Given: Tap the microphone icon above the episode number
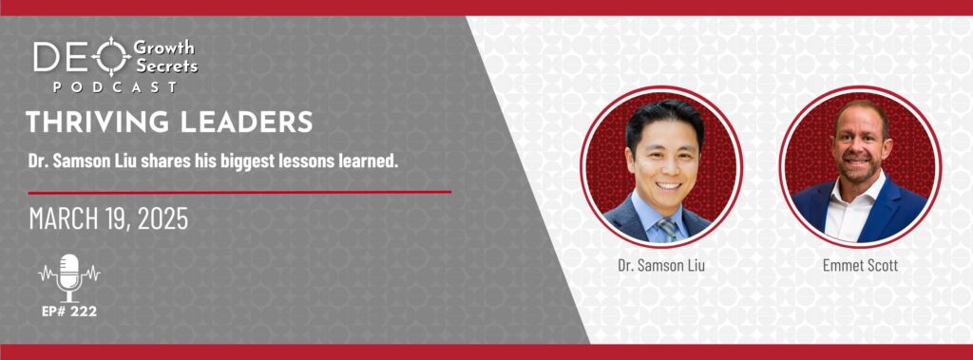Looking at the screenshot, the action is click(68, 277).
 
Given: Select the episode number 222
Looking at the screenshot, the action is click(85, 312).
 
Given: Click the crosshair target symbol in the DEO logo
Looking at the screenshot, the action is click(111, 56).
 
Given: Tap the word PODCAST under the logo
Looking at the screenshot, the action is click(115, 87).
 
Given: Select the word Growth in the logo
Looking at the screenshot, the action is click(163, 48).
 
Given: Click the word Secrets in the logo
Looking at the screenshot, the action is click(165, 66).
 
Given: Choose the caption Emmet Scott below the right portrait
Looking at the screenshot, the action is click(861, 266).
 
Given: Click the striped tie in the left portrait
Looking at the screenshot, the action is click(667, 229).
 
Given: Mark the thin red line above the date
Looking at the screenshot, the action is click(239, 192).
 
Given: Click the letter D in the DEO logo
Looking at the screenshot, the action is click(46, 56).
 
